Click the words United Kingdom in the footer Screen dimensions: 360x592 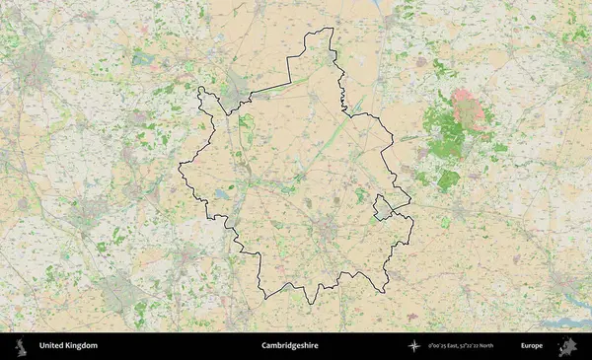click(x=68, y=346)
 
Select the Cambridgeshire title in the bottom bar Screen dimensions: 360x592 click(x=289, y=346)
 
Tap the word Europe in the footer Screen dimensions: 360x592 click(x=532, y=346)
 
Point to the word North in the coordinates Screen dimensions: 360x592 click(x=510, y=346)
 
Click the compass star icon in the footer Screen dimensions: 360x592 click(x=414, y=346)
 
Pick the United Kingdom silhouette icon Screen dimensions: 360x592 click(x=19, y=346)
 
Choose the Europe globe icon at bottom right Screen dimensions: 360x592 click(x=568, y=346)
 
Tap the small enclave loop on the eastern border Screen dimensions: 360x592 click(x=381, y=207)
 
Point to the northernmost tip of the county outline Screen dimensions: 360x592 click(x=333, y=29)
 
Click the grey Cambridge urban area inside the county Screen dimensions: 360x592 click(x=327, y=232)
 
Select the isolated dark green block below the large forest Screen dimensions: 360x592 click(x=448, y=180)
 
